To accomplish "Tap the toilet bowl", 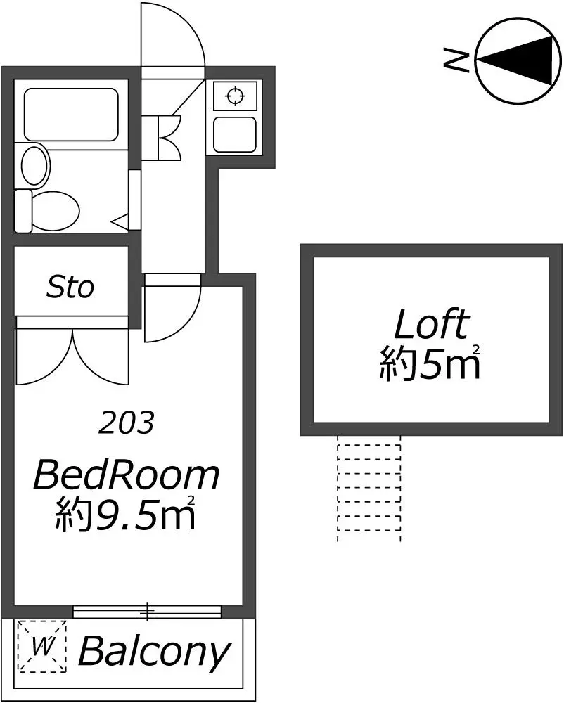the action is point(48,211).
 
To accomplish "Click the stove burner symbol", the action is point(236,96).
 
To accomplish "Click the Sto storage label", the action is point(70,287).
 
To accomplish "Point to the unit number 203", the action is point(127,423).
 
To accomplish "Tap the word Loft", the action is point(432,324).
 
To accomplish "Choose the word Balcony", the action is point(155,652).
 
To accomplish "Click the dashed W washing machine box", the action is point(41,647).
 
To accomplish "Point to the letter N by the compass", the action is point(456,61).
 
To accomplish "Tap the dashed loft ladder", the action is point(369,489).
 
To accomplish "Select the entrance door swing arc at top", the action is point(188,27).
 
